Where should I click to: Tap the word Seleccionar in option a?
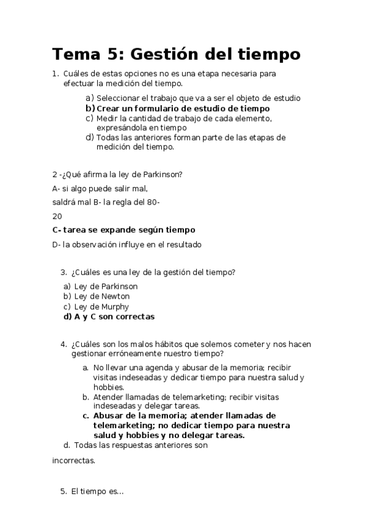[x=119, y=98]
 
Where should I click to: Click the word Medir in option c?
[x=107, y=118]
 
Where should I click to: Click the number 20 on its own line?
[x=57, y=216]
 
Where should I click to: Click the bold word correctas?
[x=134, y=317]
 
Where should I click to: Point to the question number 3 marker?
[x=63, y=272]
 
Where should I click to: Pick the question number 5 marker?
[x=63, y=491]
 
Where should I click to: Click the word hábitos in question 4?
[x=163, y=344]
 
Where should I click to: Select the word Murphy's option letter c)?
[x=67, y=307]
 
